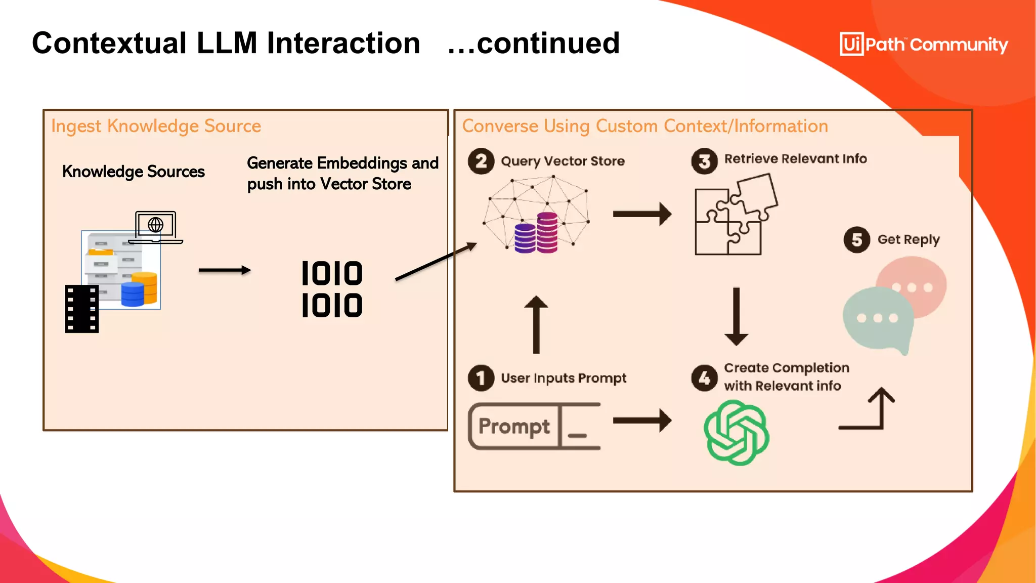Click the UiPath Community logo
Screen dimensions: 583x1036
pyautogui.click(x=923, y=44)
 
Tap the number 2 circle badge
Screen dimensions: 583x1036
pyautogui.click(x=481, y=161)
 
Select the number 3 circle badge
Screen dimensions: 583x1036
pyautogui.click(x=704, y=161)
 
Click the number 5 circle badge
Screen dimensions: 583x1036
pyautogui.click(x=856, y=240)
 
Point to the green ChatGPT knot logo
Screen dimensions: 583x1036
pyautogui.click(x=736, y=433)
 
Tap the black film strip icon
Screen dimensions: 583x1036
pyautogui.click(x=81, y=309)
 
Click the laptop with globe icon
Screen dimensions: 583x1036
pyautogui.click(x=156, y=227)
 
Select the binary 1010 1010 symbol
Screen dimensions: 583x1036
pyautogui.click(x=332, y=289)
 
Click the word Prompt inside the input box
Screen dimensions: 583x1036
pyautogui.click(x=514, y=427)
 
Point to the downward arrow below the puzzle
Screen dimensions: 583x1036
pyautogui.click(x=736, y=316)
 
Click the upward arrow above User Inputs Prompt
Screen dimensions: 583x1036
pyautogui.click(x=536, y=324)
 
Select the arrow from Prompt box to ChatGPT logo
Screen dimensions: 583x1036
pyautogui.click(x=641, y=421)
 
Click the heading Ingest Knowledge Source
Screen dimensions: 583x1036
pyautogui.click(x=156, y=126)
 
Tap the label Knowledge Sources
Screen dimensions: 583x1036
pyautogui.click(x=134, y=172)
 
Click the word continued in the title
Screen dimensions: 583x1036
pyautogui.click(x=548, y=43)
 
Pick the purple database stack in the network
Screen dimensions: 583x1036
pyautogui.click(x=525, y=238)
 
